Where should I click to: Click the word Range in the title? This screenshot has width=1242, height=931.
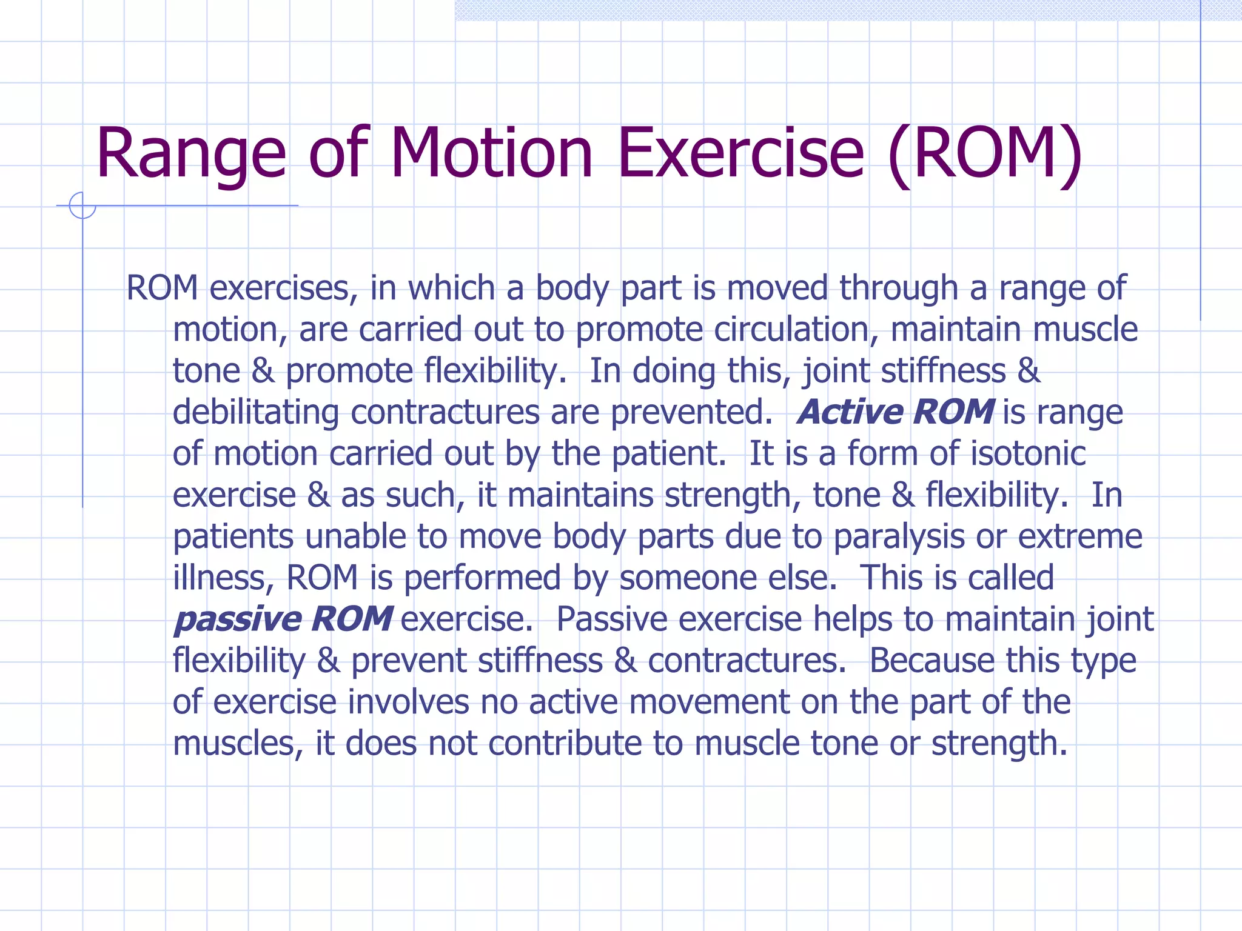190,155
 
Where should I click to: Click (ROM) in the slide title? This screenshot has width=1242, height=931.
984,155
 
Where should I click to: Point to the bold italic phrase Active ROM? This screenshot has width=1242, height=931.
895,412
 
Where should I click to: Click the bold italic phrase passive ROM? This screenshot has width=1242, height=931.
283,619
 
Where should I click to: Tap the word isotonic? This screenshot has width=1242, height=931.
1028,453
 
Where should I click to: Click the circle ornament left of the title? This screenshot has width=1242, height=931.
82,205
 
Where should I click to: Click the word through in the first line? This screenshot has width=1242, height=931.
898,289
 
